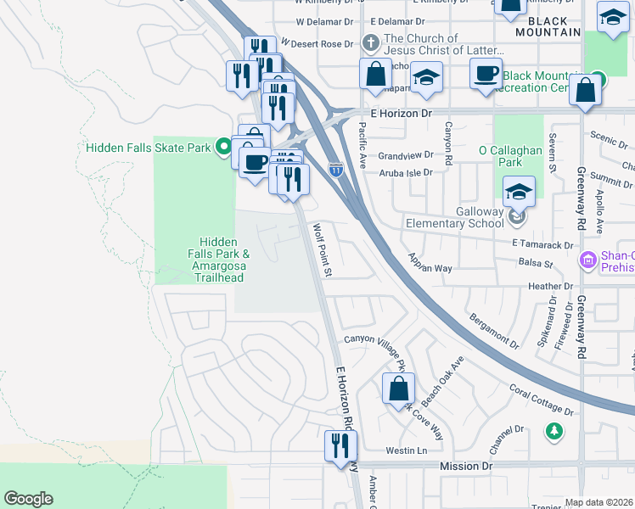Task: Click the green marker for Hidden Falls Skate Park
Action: (224, 148)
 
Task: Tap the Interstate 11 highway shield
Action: (336, 169)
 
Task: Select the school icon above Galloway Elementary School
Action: (518, 191)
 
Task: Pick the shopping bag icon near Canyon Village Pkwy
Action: (397, 390)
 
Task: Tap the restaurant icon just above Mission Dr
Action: (340, 445)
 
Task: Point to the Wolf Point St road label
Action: (323, 249)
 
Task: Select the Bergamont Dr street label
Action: (492, 331)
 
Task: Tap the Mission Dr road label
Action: (466, 467)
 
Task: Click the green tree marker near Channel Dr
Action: (554, 432)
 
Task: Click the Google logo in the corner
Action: (28, 499)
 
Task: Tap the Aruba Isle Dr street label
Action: (405, 172)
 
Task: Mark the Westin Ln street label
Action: (406, 450)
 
